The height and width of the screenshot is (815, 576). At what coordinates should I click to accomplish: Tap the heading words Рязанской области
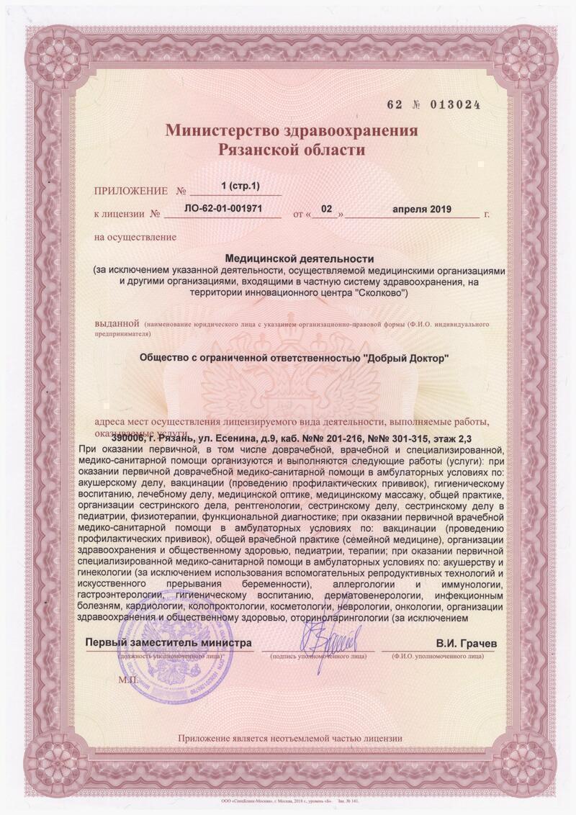click(x=292, y=150)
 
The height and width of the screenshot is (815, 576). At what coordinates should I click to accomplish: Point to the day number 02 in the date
click(x=327, y=210)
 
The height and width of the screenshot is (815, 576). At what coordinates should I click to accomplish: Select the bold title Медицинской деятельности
click(x=300, y=257)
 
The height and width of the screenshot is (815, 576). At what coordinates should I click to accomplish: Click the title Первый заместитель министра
click(x=169, y=642)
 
